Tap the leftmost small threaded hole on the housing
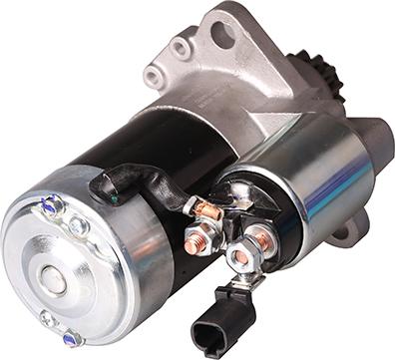(x=152, y=75)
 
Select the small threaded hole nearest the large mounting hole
(x=181, y=46)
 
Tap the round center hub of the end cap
(x=56, y=283)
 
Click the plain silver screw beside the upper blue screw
(x=77, y=227)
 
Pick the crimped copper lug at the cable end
(x=205, y=209)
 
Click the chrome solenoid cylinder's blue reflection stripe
(x=324, y=189)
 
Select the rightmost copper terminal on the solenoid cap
(x=261, y=237)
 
